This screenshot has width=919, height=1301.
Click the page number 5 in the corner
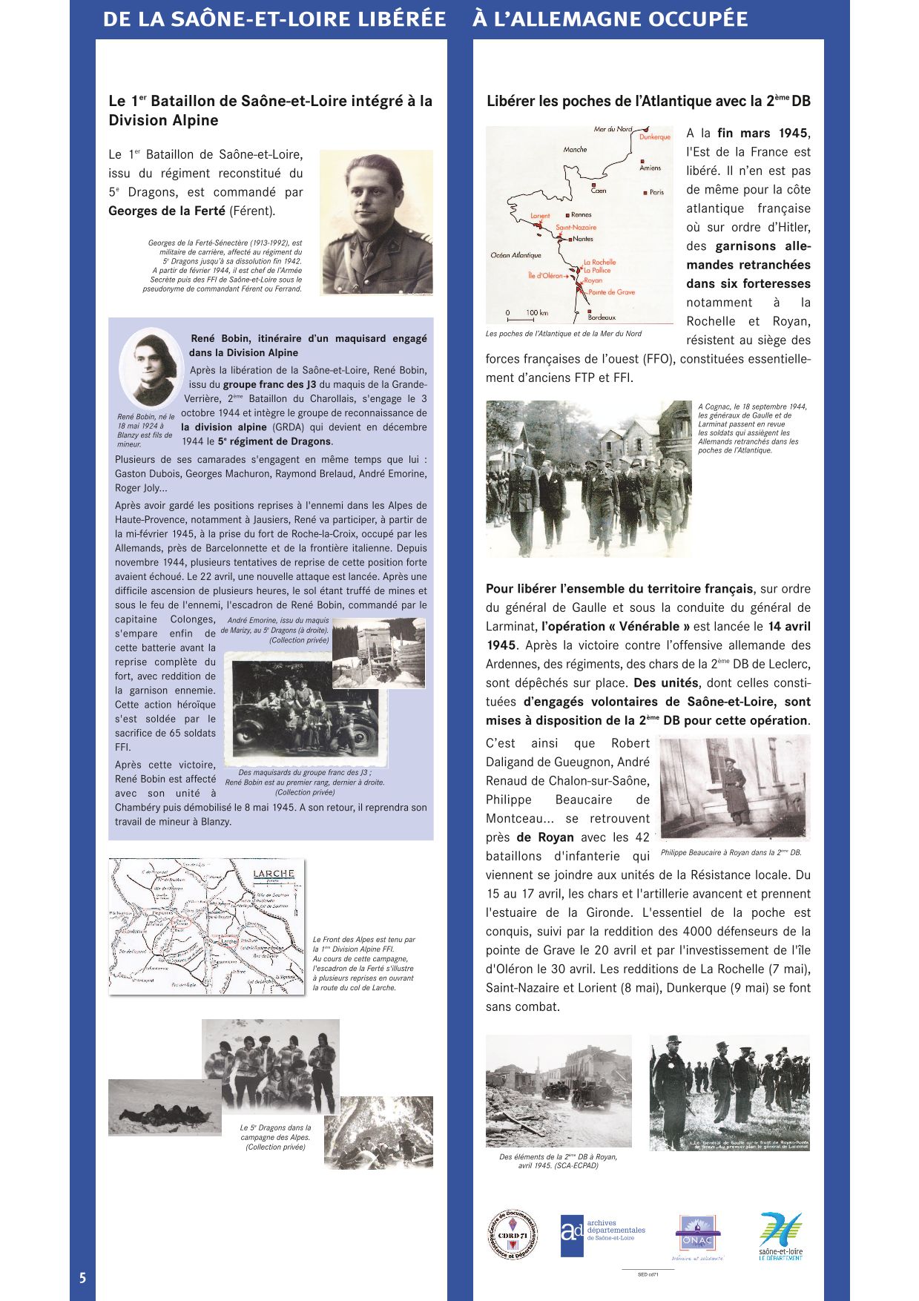pyautogui.click(x=82, y=1277)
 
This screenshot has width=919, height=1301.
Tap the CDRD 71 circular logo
pyautogui.click(x=512, y=1235)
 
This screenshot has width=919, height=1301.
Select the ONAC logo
pyautogui.click(x=696, y=1235)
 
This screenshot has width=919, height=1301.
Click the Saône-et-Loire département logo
pyautogui.click(x=780, y=1235)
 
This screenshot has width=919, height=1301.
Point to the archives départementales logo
pyautogui.click(x=602, y=1235)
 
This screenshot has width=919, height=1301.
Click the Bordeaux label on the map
pyautogui.click(x=601, y=317)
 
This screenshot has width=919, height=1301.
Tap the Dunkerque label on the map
pyautogui.click(x=654, y=137)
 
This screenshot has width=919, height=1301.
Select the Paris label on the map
pyautogui.click(x=656, y=193)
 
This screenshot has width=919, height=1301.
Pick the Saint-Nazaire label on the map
pyautogui.click(x=576, y=228)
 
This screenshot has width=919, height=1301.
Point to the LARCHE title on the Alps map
pyautogui.click(x=274, y=874)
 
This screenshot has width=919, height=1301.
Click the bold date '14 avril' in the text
pyautogui.click(x=789, y=627)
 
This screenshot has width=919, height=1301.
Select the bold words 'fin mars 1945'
pyautogui.click(x=762, y=134)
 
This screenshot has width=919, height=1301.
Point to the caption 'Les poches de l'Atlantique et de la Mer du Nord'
pyautogui.click(x=564, y=334)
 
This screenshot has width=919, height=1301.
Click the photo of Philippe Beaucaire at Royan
pyautogui.click(x=734, y=788)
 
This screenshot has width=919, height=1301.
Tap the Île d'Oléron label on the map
pyautogui.click(x=545, y=276)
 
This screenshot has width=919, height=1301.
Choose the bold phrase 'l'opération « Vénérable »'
pyautogui.click(x=616, y=627)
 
